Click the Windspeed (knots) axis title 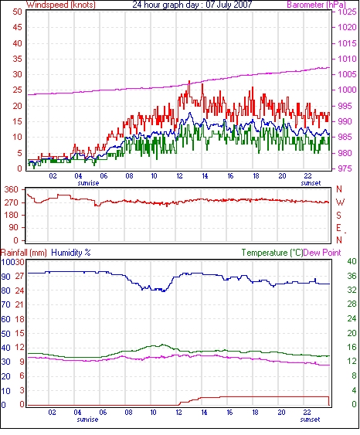(61, 5)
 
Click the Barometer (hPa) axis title (317, 5)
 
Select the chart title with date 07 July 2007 (192, 5)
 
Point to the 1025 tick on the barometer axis (347, 12)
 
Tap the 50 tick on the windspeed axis (17, 12)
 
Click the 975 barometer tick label (345, 168)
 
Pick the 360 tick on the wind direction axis (11, 190)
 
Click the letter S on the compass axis (338, 215)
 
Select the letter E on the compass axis (338, 228)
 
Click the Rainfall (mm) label (24, 253)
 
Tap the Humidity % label (71, 253)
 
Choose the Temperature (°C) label (272, 253)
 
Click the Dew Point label (322, 253)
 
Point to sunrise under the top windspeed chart (88, 183)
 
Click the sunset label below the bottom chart (310, 420)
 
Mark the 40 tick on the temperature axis (352, 261)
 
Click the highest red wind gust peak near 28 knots (189, 81)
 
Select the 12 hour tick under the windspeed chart (179, 176)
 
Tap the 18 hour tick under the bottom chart (255, 413)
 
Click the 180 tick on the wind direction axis (11, 215)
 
